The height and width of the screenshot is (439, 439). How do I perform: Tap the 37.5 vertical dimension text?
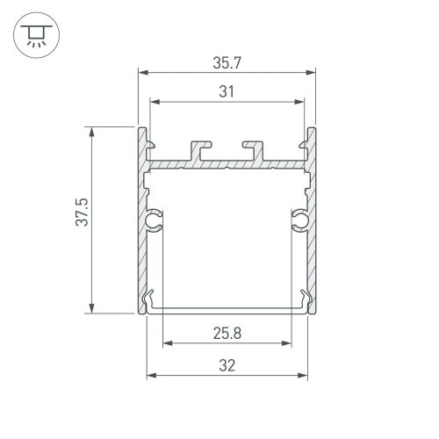click(81, 219)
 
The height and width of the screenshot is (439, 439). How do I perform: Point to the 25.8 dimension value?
click(227, 333)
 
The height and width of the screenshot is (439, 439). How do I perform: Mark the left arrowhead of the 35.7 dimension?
click(142, 73)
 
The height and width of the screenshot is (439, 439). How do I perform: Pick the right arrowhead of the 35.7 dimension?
click(313, 73)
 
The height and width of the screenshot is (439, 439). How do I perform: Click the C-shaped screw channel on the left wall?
click(156, 219)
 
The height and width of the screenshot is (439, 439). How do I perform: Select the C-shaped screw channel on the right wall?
click(299, 219)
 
